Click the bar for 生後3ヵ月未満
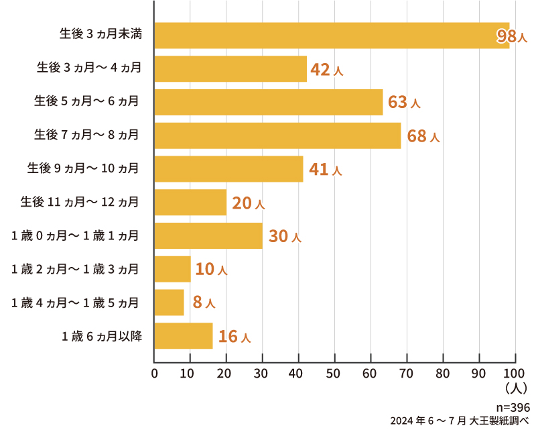click(x=332, y=36)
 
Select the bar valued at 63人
click(x=269, y=102)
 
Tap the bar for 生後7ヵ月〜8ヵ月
click(x=277, y=135)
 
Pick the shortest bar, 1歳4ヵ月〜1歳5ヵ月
click(x=170, y=303)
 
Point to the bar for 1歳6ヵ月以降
click(x=184, y=336)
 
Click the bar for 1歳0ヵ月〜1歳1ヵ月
click(x=208, y=235)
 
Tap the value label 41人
click(x=326, y=170)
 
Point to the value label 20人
click(x=249, y=203)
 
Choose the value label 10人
click(x=212, y=270)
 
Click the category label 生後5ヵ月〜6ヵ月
click(x=86, y=102)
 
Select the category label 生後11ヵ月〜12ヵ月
click(x=80, y=202)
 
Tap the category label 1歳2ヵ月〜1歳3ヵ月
click(x=75, y=269)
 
